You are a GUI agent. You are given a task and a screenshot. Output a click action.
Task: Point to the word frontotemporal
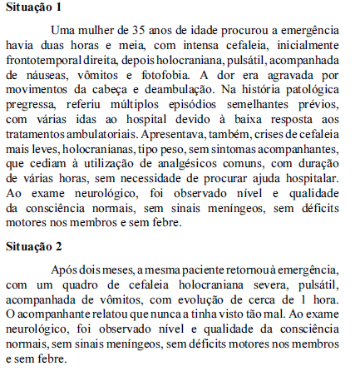coord(45,62)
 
